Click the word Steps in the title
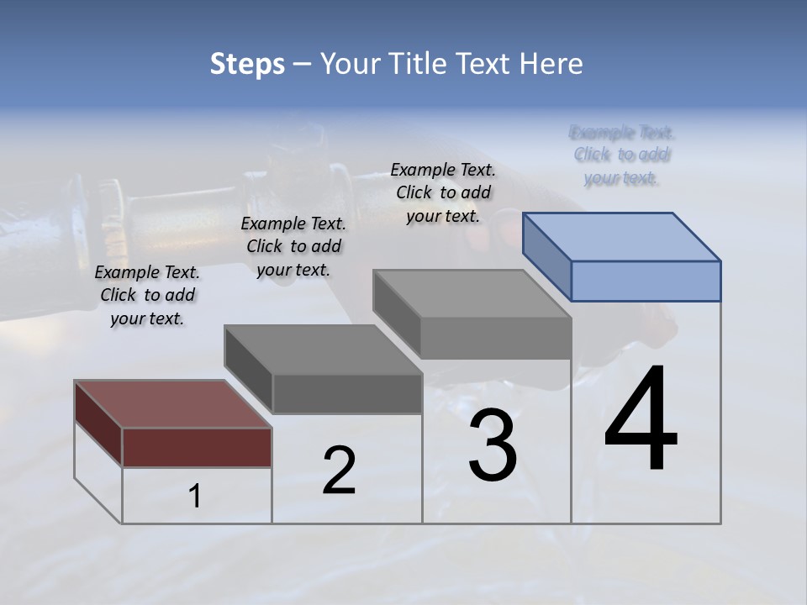pos(247,64)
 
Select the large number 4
pos(641,420)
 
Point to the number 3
pos(493,445)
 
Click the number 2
pos(340,471)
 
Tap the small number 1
pos(195,497)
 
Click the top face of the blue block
pos(622,236)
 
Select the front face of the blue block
pos(646,281)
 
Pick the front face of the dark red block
pos(197,447)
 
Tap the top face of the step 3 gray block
pos(472,294)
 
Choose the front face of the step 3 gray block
pos(496,339)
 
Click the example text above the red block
pos(147,295)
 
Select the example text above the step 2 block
pos(293,246)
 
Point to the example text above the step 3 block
pos(443,192)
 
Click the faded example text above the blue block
pos(622,155)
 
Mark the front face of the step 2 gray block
pos(346,393)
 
